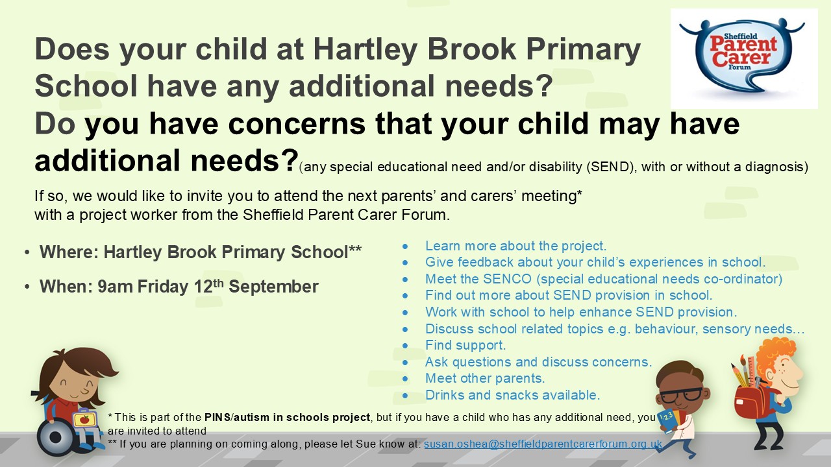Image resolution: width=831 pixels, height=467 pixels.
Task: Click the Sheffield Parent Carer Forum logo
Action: pos(744,58)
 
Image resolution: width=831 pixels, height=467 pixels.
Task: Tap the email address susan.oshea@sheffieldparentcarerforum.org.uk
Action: pos(543,444)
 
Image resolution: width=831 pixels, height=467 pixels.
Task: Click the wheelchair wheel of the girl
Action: pos(55,437)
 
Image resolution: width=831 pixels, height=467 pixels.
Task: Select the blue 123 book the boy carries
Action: pos(668,422)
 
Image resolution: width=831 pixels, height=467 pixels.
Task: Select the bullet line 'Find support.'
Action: pos(465,345)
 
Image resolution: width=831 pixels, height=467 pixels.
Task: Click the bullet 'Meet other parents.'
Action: pos(485,378)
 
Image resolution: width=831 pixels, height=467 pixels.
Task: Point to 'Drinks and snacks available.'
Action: pos(512,395)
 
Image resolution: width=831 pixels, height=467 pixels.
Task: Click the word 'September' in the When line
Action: pos(273,287)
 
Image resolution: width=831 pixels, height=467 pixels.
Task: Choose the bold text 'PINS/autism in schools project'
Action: pos(287,417)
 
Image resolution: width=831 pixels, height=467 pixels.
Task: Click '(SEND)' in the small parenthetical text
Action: pos(610,167)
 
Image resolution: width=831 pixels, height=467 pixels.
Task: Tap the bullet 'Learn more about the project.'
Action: pos(515,246)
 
